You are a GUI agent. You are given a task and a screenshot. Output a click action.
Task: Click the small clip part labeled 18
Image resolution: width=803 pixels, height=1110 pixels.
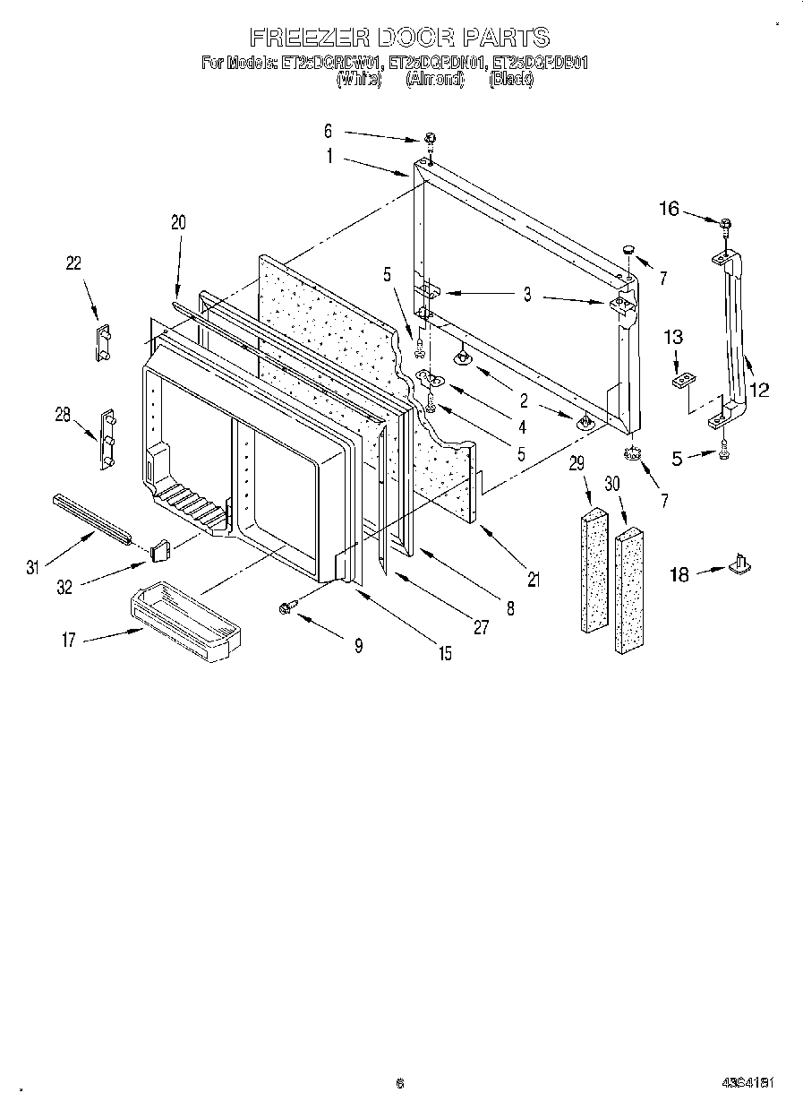tap(741, 563)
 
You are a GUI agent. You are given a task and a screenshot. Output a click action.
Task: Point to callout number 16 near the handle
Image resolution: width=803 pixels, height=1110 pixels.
tap(670, 209)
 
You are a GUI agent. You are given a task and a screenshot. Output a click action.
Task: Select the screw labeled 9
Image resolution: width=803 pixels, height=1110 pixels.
tap(287, 607)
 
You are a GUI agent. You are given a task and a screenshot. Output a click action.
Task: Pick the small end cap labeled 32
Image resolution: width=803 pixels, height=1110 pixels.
tap(160, 548)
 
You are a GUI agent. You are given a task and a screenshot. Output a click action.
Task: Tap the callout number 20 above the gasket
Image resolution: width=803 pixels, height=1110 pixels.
tap(178, 223)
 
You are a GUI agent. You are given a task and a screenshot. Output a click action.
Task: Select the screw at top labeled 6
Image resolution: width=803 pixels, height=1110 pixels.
tap(431, 139)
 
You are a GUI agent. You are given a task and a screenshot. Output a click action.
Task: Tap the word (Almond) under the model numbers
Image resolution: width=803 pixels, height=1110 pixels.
tap(435, 79)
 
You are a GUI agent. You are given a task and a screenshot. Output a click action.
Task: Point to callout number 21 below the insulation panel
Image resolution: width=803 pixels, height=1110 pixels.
tap(534, 580)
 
